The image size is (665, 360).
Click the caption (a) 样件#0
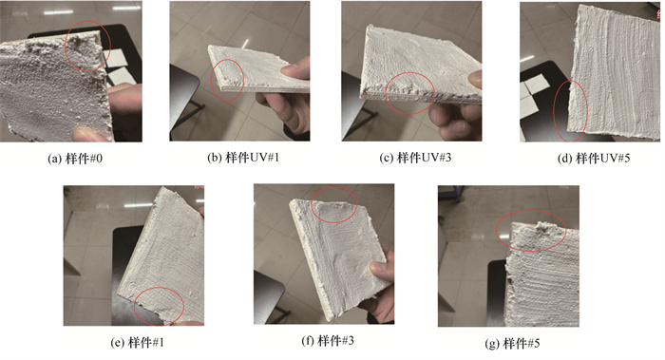pos(75,159)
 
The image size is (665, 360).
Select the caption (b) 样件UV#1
pos(243,158)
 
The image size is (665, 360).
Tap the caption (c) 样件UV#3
pos(415,158)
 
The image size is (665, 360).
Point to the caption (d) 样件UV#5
pos(594,159)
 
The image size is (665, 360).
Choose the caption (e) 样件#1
pos(138,343)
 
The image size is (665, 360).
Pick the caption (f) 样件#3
pos(328,340)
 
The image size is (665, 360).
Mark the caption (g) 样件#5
pos(512,343)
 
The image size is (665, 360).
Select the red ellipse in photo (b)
pos(212,80)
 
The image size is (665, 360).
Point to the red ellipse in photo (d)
pos(554,111)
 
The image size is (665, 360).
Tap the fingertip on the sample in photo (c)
pos(475,79)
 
